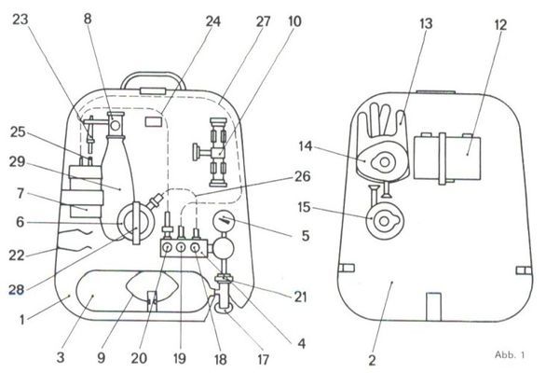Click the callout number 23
click(x=20, y=20)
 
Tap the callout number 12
click(x=500, y=25)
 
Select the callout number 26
click(x=302, y=176)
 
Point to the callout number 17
click(x=263, y=359)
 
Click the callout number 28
click(x=17, y=289)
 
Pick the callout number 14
click(x=306, y=146)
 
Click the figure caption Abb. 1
click(x=510, y=355)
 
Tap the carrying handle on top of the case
click(x=153, y=76)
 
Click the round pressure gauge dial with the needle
click(x=224, y=220)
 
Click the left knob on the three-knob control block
click(x=167, y=248)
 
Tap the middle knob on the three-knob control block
click(x=181, y=248)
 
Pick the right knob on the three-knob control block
click(x=195, y=248)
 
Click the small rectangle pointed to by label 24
click(x=154, y=121)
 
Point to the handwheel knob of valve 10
click(x=197, y=152)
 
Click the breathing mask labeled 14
click(x=383, y=162)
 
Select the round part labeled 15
click(x=385, y=221)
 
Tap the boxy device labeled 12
click(x=447, y=159)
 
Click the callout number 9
click(x=101, y=357)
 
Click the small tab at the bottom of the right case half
click(x=433, y=307)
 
